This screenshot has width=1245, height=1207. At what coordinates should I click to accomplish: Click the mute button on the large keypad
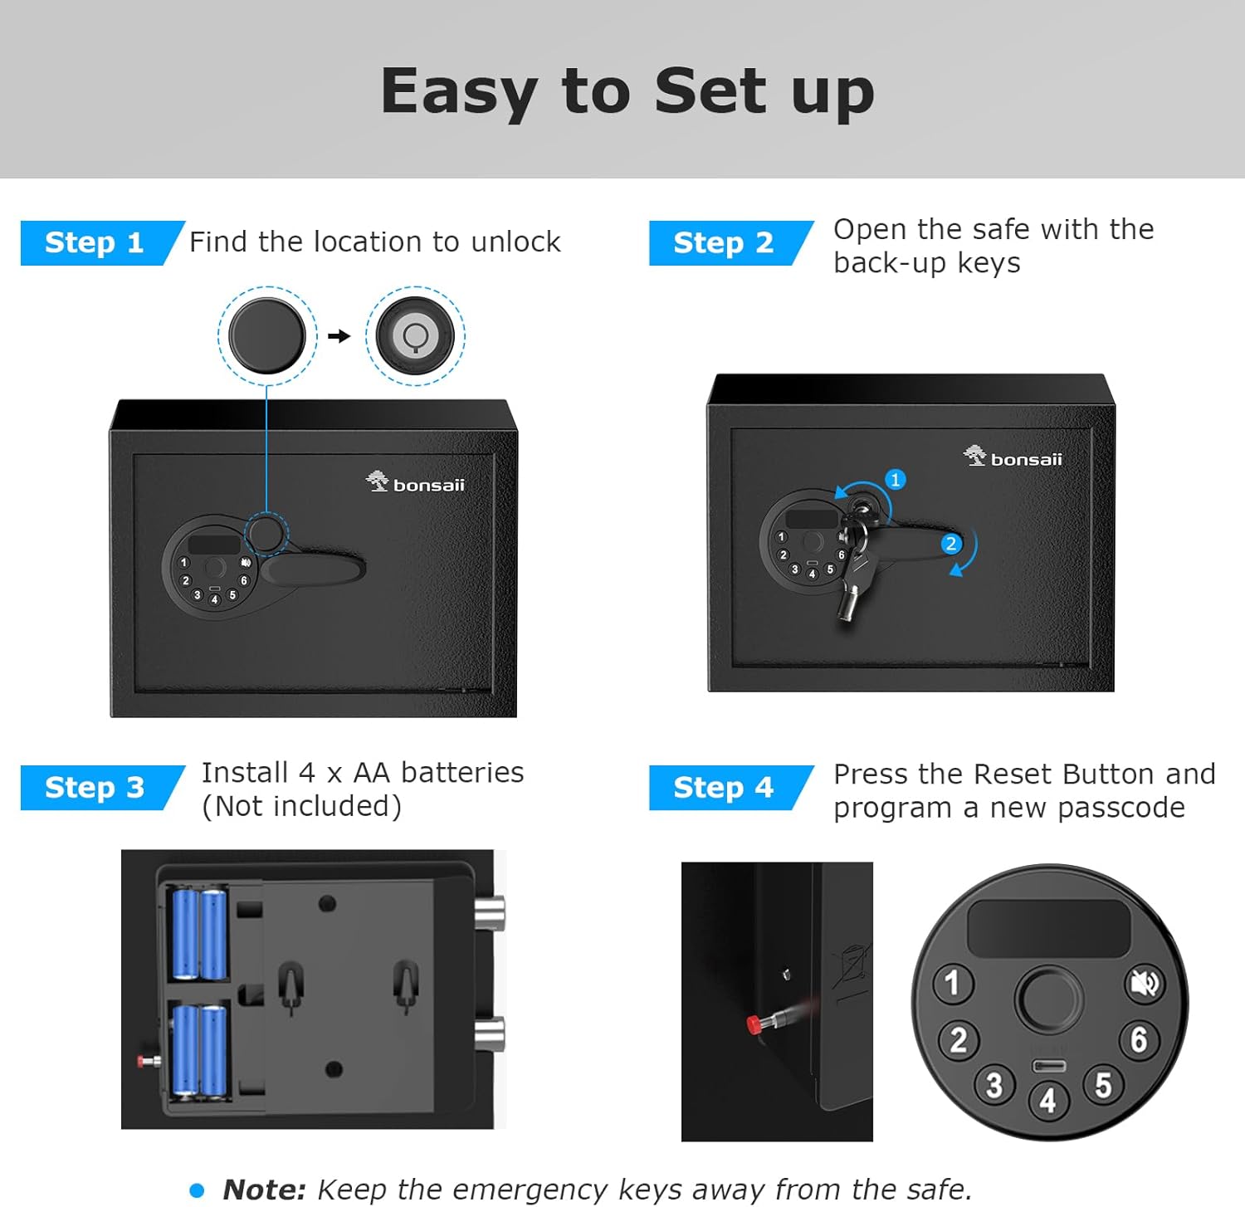pyautogui.click(x=1145, y=984)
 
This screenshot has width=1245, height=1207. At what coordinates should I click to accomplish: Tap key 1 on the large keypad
pyautogui.click(x=952, y=983)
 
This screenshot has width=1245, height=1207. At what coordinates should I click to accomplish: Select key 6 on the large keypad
pyautogui.click(x=1139, y=1038)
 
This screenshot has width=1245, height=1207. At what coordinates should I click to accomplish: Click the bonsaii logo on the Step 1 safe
pyautogui.click(x=415, y=482)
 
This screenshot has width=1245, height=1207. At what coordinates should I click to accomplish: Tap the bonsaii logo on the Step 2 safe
pyautogui.click(x=1013, y=457)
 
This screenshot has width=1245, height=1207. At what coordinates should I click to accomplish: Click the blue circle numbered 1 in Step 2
pyautogui.click(x=895, y=480)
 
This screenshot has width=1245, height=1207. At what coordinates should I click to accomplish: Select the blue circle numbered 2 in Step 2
pyautogui.click(x=951, y=544)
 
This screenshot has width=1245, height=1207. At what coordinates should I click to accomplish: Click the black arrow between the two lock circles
pyautogui.click(x=339, y=336)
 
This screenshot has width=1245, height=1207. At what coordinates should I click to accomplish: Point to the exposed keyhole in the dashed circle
pyautogui.click(x=415, y=335)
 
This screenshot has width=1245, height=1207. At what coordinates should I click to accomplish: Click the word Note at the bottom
pyautogui.click(x=265, y=1190)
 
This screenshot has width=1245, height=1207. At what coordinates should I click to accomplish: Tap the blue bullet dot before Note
pyautogui.click(x=197, y=1191)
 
